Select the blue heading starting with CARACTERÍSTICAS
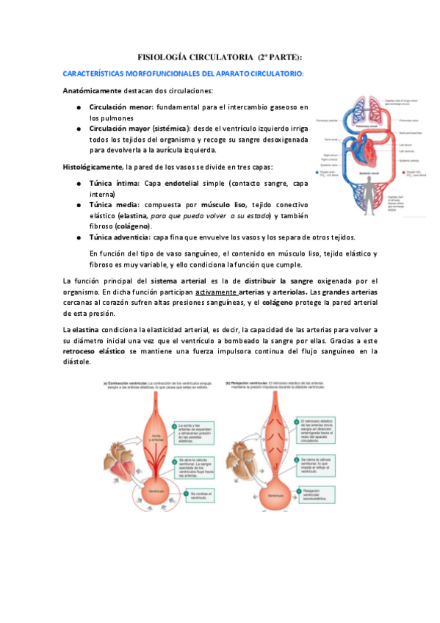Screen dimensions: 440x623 click(184, 74)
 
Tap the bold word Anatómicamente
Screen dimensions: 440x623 click(92, 91)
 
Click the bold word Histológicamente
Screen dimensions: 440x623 click(93, 167)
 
